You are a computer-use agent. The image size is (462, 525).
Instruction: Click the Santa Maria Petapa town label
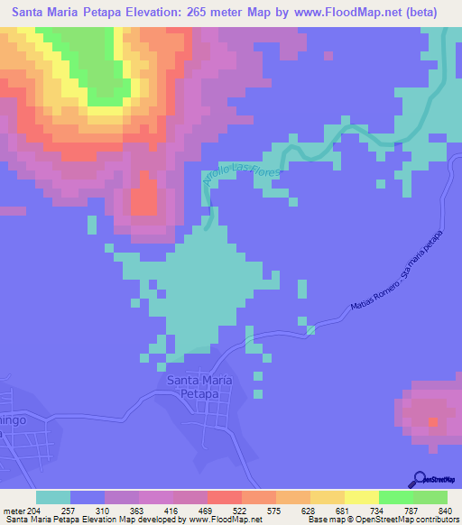click(206, 387)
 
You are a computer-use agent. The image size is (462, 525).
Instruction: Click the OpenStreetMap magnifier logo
click(420, 478)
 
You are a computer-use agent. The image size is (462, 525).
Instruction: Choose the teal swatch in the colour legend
click(53, 498)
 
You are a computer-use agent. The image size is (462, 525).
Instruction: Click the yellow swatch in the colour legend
click(362, 498)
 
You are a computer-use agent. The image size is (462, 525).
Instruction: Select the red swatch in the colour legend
click(225, 498)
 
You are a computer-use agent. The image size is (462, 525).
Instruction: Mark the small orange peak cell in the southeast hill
click(433, 422)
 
